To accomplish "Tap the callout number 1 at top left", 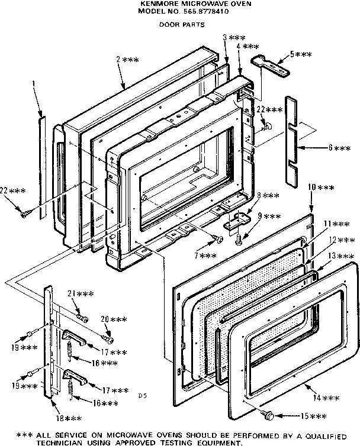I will click(34, 85).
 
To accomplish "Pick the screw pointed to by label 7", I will click(218, 238).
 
